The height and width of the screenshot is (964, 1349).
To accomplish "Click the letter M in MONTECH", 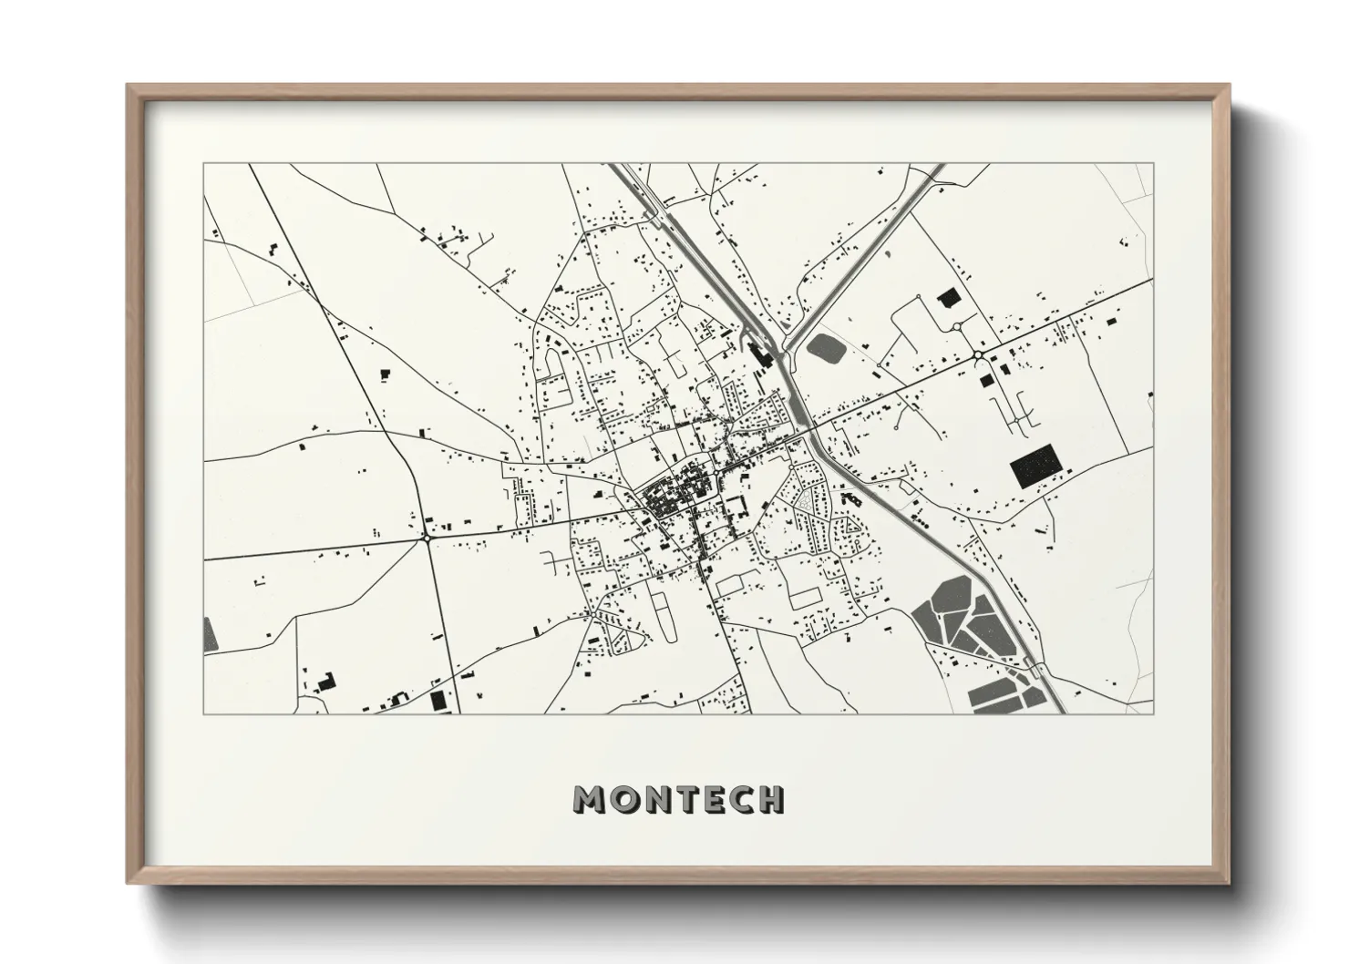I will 589,799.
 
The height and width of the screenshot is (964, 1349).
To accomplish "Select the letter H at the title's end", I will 771,799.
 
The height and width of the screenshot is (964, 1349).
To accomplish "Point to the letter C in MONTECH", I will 739,799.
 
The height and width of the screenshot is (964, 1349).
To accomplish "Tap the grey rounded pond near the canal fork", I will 826,347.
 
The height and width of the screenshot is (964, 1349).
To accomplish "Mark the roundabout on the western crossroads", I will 427,538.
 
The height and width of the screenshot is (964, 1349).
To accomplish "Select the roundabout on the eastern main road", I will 977,355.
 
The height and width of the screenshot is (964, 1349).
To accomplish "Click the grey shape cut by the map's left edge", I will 211,633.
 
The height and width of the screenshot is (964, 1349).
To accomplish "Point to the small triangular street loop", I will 853,526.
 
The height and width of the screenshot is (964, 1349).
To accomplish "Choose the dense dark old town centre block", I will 670,497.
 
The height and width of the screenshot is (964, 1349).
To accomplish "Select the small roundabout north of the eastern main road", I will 956,326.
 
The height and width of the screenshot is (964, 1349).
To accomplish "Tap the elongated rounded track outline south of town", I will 663,611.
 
